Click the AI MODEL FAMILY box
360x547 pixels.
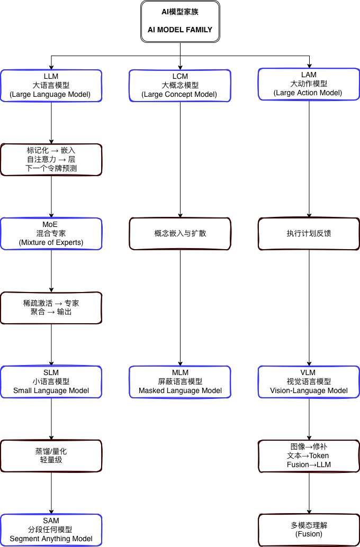pos(179,22)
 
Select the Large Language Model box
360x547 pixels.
pos(51,85)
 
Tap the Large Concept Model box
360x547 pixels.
pos(180,85)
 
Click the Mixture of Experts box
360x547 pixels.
pos(51,234)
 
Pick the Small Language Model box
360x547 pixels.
pos(51,381)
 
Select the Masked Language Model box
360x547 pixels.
pos(180,381)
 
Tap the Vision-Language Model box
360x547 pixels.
pos(309,381)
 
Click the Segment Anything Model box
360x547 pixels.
pos(51,530)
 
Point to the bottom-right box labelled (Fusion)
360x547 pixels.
pos(309,530)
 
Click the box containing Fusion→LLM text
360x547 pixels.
pos(309,455)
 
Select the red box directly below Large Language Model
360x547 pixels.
pos(51,160)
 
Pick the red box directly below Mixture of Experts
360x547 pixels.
pos(51,308)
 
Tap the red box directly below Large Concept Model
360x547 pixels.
pos(180,234)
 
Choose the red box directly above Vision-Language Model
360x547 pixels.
pos(309,234)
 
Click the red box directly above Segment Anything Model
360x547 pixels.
pos(51,455)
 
